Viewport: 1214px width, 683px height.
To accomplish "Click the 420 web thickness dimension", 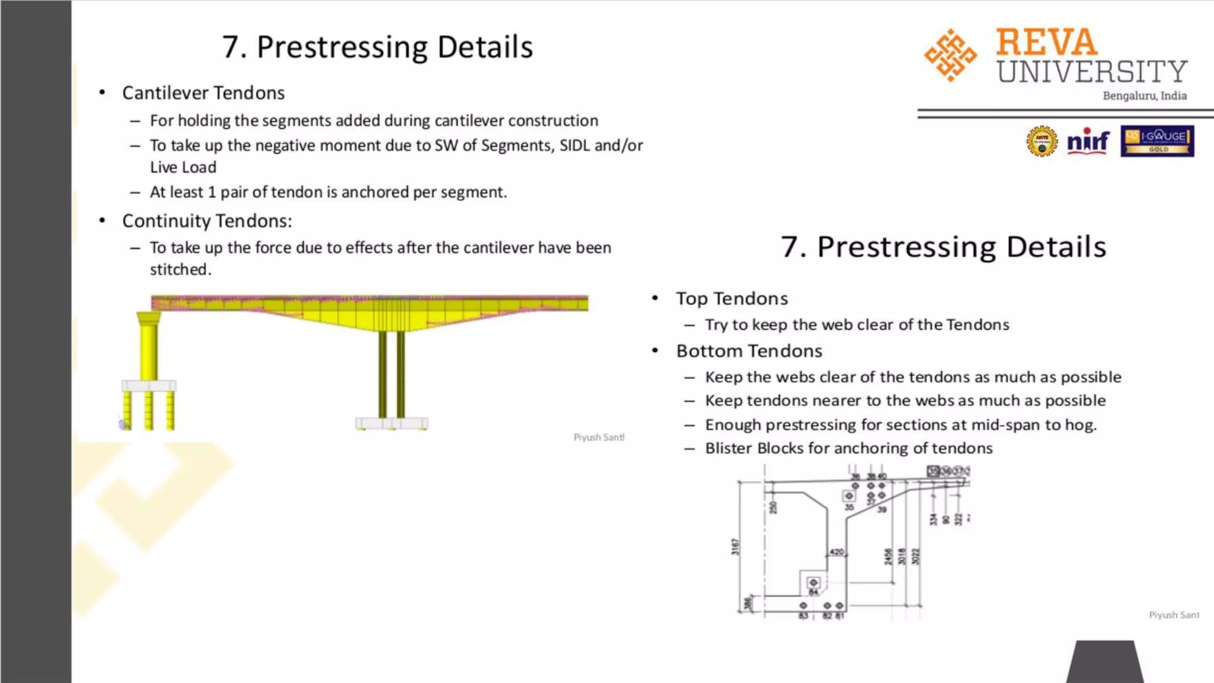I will click(x=836, y=552).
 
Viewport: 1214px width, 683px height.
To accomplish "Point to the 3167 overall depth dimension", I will click(x=736, y=546).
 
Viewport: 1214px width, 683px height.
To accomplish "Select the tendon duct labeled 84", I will click(x=813, y=583).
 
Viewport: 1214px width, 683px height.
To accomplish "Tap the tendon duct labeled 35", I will click(x=849, y=496).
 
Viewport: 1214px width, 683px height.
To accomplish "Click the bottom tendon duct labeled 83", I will click(x=803, y=606).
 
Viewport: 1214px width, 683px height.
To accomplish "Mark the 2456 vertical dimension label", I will click(x=888, y=557).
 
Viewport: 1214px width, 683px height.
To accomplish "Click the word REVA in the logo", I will click(x=1046, y=42).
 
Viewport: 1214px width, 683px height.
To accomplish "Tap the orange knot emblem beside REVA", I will click(x=950, y=55).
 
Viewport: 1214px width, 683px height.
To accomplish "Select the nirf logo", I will click(x=1088, y=141).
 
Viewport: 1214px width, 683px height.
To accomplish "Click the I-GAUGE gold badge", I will click(x=1157, y=141).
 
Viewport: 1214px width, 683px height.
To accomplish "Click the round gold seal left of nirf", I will click(x=1042, y=141).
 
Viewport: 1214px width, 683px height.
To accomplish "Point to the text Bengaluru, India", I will click(x=1144, y=96).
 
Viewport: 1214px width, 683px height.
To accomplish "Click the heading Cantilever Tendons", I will click(x=203, y=93).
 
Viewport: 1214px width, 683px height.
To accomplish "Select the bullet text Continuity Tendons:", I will click(x=207, y=221).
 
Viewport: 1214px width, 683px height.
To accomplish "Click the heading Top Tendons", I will click(x=732, y=298).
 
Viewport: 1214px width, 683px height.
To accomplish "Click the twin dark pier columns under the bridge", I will click(x=392, y=374).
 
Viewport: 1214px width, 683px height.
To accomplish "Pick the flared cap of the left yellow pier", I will click(x=148, y=318).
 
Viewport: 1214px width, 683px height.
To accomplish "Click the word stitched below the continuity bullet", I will click(x=180, y=270).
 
